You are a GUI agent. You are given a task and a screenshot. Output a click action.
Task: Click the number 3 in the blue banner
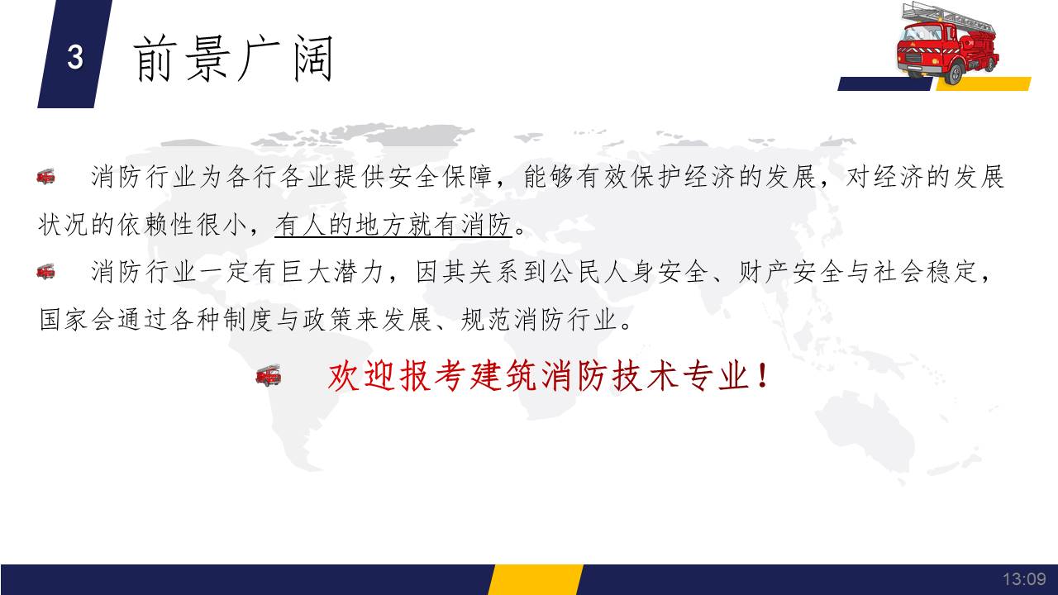point(75,57)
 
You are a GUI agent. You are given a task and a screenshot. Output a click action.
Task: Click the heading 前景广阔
point(233,59)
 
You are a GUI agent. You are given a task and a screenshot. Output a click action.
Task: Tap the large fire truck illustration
point(947,44)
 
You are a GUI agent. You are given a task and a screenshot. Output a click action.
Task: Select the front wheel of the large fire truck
point(954,74)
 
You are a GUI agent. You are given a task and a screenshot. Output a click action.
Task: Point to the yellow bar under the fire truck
point(984,83)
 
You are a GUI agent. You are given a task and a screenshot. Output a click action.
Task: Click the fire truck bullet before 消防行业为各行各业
point(45,177)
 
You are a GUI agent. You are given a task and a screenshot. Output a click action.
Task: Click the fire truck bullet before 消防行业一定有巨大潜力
point(45,272)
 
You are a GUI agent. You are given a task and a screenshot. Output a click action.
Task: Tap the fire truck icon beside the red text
point(269,375)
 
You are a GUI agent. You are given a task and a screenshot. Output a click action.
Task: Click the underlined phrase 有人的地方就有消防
point(393,224)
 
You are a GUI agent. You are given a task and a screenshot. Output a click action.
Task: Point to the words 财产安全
point(789,272)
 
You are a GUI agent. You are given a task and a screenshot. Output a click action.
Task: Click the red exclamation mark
point(762,376)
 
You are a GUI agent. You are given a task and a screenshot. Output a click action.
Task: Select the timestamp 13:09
point(1024,578)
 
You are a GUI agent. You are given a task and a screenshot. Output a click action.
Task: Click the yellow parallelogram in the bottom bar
point(536,579)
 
